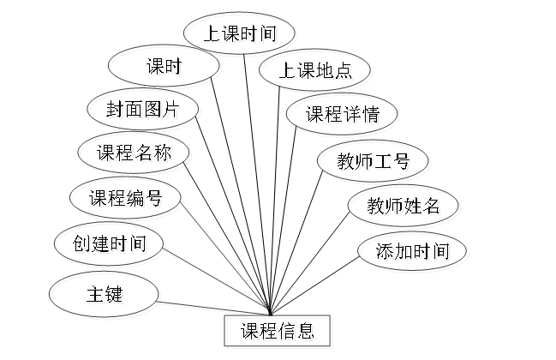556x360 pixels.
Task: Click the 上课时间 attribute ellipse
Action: click(242, 35)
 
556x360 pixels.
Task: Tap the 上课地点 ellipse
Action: click(316, 72)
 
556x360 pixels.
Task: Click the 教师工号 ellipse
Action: click(374, 161)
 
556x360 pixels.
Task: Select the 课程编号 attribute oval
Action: click(126, 200)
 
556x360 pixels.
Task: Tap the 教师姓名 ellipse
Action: click(404, 206)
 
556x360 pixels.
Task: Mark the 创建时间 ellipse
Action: click(109, 246)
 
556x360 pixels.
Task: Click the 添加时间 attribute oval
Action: click(415, 252)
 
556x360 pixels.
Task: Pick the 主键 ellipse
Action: click(106, 296)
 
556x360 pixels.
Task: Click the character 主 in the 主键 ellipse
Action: click(97, 296)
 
